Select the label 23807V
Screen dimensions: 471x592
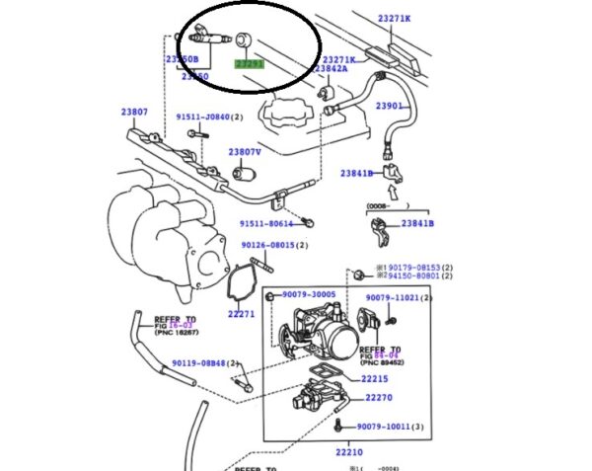click(244, 152)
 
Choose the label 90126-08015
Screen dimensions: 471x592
click(268, 246)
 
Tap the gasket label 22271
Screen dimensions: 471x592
click(241, 314)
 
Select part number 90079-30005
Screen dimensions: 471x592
click(309, 294)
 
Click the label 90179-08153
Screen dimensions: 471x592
click(413, 268)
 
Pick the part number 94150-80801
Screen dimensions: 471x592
click(414, 277)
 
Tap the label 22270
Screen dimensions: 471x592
click(379, 398)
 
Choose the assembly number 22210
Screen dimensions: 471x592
click(349, 452)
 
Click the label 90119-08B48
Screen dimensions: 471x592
click(198, 362)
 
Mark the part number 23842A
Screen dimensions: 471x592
click(330, 70)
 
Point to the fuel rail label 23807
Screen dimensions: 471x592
click(134, 112)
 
